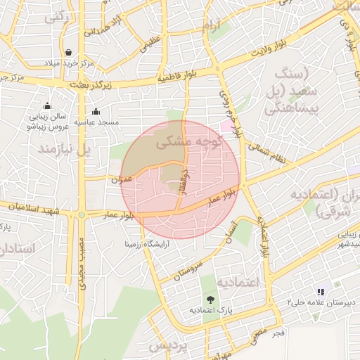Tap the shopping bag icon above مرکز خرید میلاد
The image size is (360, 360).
pyautogui.click(x=68, y=52)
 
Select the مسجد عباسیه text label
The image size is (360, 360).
pyautogui.click(x=97, y=122)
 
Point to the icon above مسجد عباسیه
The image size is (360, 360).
pyautogui.click(x=96, y=111)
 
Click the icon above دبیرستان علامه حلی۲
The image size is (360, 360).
pyautogui.click(x=321, y=291)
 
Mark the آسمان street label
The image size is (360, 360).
pyautogui.click(x=231, y=230)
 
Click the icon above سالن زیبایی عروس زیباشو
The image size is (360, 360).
pyautogui.click(x=47, y=106)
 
